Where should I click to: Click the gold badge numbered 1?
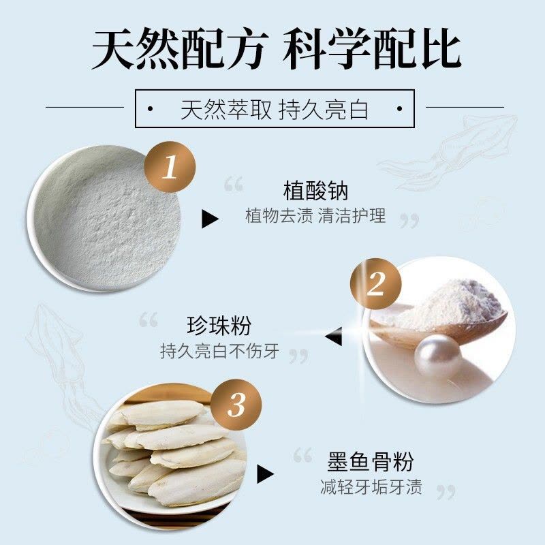point(170,167)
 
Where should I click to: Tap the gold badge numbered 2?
point(376,284)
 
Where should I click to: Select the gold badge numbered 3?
point(236,405)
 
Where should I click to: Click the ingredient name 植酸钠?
point(315,191)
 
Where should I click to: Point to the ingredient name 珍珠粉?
point(219,326)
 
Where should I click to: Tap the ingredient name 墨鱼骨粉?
point(371,462)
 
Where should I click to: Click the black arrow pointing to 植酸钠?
point(210,219)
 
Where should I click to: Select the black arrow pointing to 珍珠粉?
point(333,336)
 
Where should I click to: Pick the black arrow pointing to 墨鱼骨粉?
point(265,474)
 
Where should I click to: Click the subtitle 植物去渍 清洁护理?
point(315,215)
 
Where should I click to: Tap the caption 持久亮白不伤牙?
point(219,351)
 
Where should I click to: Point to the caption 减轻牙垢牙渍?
point(371,487)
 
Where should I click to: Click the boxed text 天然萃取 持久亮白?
point(275,110)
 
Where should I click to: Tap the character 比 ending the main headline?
point(441,49)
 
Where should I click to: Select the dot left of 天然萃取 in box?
point(150,109)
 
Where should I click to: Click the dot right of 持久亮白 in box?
point(399,109)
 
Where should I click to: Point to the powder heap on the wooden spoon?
point(448,303)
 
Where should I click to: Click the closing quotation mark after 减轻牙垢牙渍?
point(446,492)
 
